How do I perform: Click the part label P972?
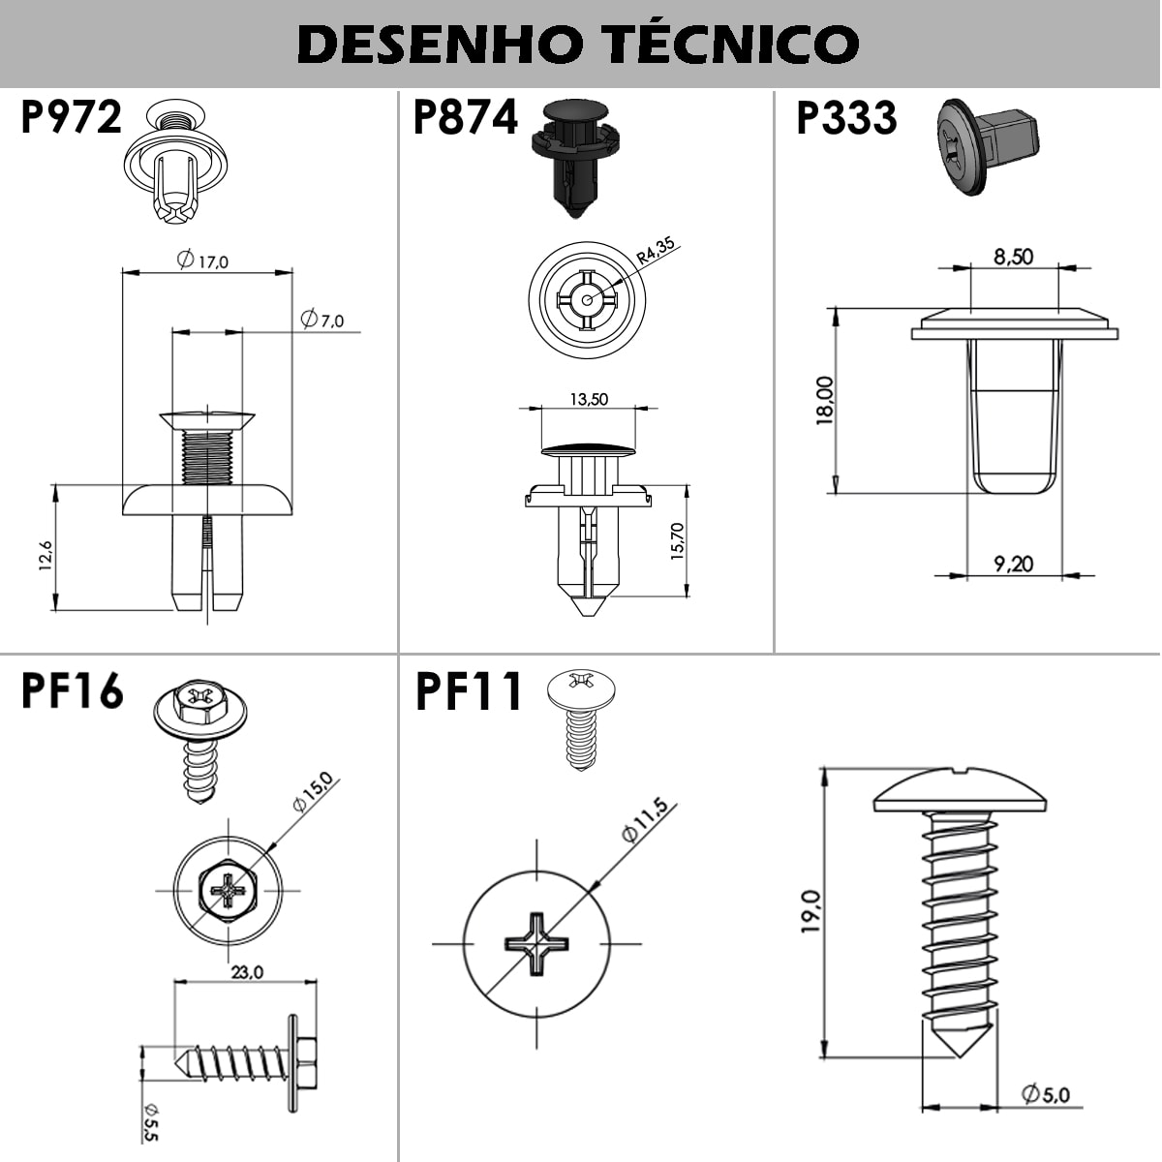click(x=72, y=117)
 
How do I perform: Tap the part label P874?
click(x=465, y=117)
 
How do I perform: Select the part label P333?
click(x=847, y=118)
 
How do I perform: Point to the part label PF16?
click(x=73, y=691)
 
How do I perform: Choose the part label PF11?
click(x=469, y=692)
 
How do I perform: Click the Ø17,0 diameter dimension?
click(x=202, y=260)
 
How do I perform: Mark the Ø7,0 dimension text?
click(x=322, y=319)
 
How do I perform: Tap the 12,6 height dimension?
click(x=46, y=555)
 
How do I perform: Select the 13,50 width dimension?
click(x=589, y=399)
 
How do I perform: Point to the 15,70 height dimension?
click(x=678, y=541)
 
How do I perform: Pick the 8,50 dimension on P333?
click(x=1014, y=257)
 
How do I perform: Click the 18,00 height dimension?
click(x=824, y=400)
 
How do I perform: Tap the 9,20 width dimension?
click(x=1014, y=565)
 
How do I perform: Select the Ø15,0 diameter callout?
click(x=313, y=791)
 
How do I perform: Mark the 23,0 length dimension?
click(x=247, y=972)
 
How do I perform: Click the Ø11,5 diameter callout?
click(x=645, y=819)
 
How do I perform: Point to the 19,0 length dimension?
click(x=811, y=911)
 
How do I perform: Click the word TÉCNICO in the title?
click(x=733, y=44)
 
